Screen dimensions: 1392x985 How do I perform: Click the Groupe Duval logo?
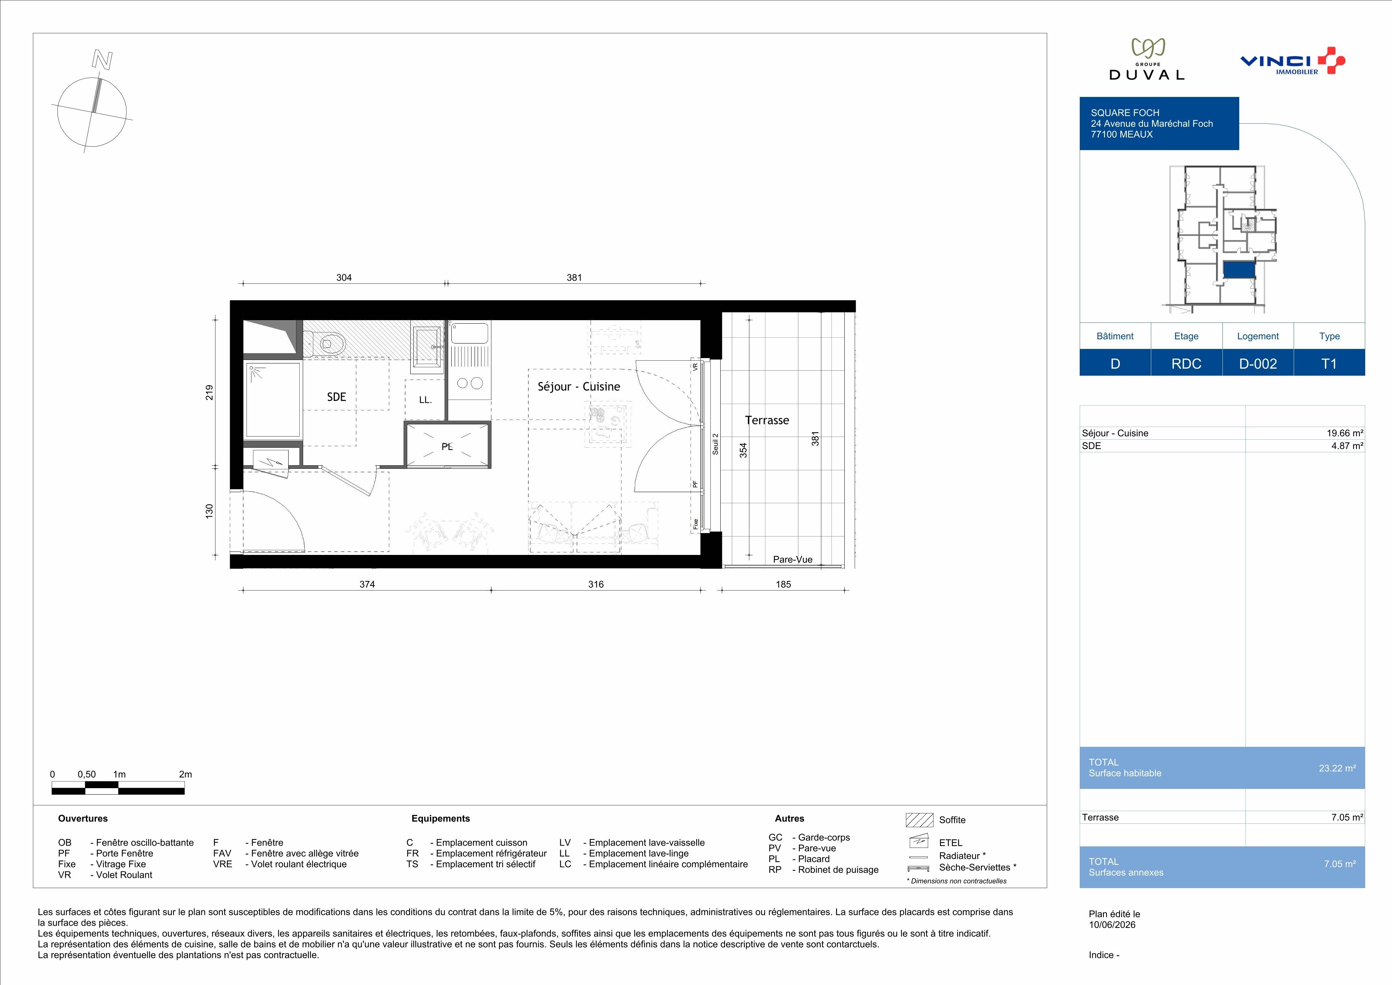[1146, 59]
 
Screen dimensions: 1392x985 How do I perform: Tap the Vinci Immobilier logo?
[1292, 61]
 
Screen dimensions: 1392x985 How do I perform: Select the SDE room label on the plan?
[336, 397]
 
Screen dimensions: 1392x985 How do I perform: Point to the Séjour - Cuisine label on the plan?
[579, 386]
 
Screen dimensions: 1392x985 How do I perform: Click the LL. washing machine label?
[425, 400]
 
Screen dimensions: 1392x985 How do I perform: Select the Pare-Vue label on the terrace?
[792, 559]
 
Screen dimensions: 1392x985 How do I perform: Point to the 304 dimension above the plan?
[344, 277]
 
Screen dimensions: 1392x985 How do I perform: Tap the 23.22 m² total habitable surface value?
[1337, 768]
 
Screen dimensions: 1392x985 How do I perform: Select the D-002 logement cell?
[1258, 363]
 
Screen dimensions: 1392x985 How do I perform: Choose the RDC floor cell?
[1186, 363]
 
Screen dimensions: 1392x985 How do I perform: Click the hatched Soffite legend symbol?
[919, 820]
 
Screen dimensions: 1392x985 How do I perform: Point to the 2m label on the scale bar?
[186, 774]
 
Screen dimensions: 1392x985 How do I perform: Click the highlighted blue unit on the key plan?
[1239, 270]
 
